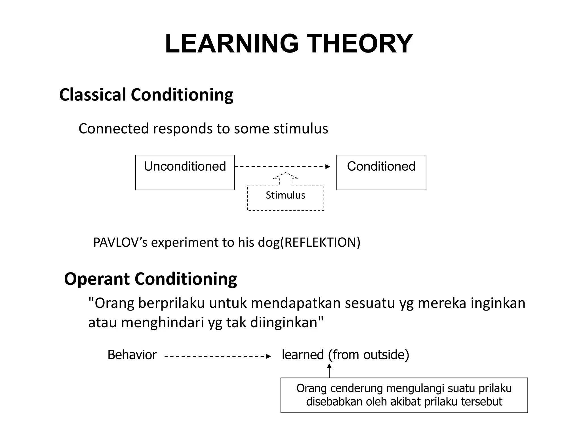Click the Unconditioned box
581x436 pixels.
tap(185, 172)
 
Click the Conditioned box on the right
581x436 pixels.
tap(381, 172)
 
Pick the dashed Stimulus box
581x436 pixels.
tap(285, 197)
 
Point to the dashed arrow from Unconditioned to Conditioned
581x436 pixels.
tap(282, 167)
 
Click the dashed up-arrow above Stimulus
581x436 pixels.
tap(285, 178)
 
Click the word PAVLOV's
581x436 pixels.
tap(120, 242)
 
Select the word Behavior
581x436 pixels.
tap(132, 355)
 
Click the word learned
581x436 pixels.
tap(303, 355)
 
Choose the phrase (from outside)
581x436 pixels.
tap(369, 355)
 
